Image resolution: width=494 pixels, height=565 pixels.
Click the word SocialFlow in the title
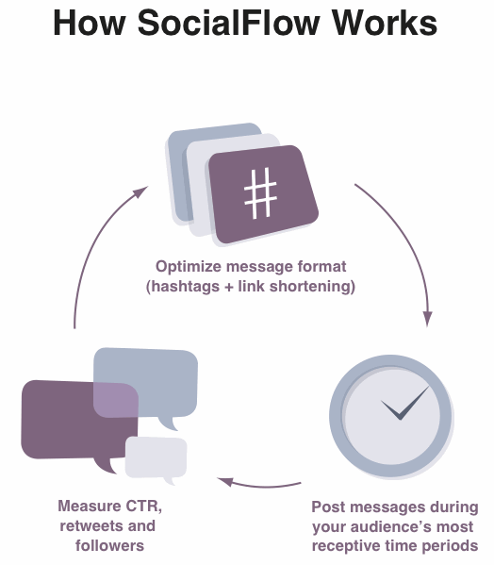tap(228, 23)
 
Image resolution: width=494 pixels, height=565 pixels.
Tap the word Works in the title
tap(385, 23)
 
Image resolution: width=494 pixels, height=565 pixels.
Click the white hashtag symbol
tap(261, 193)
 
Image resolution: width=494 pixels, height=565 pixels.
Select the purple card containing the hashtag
tap(263, 194)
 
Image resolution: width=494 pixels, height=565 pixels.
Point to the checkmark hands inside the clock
tap(405, 404)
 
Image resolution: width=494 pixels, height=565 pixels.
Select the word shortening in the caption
tap(310, 287)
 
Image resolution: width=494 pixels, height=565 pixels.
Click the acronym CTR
tap(142, 506)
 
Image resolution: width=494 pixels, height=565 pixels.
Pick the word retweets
tap(90, 525)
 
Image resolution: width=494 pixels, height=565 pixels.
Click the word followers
tap(109, 545)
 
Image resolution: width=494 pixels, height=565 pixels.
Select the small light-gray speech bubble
tap(156, 458)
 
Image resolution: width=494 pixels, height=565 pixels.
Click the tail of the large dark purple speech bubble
tap(106, 466)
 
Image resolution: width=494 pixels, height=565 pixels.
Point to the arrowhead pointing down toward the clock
tap(427, 318)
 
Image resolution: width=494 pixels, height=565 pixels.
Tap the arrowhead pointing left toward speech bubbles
tap(225, 481)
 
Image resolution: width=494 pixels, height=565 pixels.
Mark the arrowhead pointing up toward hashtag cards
tap(140, 191)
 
